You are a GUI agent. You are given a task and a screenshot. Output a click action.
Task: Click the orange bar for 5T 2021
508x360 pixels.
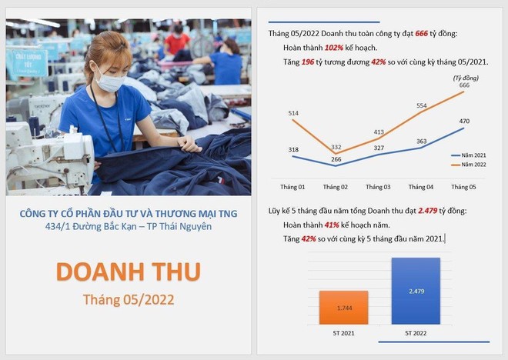(x=343, y=307)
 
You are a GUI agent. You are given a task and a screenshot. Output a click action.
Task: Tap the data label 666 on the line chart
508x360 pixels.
(x=464, y=85)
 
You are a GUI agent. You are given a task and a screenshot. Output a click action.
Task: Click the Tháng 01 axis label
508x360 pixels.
(x=292, y=187)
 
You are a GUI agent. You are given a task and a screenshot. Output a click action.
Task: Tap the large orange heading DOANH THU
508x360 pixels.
(x=129, y=272)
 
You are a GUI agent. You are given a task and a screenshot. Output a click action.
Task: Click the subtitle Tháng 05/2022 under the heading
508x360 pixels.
(x=129, y=298)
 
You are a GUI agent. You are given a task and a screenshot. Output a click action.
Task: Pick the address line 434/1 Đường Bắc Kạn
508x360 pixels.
(x=129, y=226)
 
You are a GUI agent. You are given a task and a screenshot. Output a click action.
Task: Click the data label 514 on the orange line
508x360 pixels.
(x=292, y=113)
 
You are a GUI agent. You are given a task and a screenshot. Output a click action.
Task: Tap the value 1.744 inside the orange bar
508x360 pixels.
(x=343, y=308)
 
